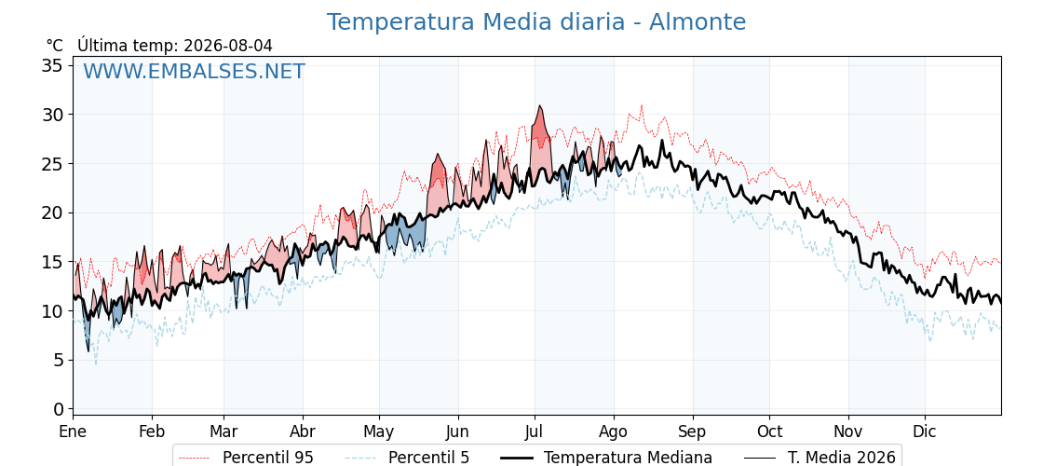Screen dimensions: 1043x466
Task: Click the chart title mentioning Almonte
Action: click(536, 22)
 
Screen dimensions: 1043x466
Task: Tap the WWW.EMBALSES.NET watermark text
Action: click(195, 71)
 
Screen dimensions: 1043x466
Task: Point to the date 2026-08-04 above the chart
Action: click(228, 46)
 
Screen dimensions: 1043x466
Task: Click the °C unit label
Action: click(55, 46)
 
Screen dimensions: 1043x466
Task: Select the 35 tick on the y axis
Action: click(53, 66)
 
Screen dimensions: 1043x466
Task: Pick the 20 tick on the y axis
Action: click(53, 213)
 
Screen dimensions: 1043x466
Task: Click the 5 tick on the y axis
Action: click(59, 360)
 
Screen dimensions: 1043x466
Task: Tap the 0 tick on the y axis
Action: click(59, 409)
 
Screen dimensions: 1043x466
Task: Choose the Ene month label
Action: click(73, 432)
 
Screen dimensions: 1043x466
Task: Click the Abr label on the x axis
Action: click(303, 432)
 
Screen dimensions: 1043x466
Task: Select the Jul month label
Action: click(535, 432)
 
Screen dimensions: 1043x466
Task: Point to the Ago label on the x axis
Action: click(613, 432)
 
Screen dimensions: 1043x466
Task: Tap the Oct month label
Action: click(769, 432)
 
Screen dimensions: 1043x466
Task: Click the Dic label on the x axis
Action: click(925, 432)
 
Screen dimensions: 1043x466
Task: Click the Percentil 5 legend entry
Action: click(406, 458)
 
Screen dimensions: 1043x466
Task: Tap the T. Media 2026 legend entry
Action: click(819, 458)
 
